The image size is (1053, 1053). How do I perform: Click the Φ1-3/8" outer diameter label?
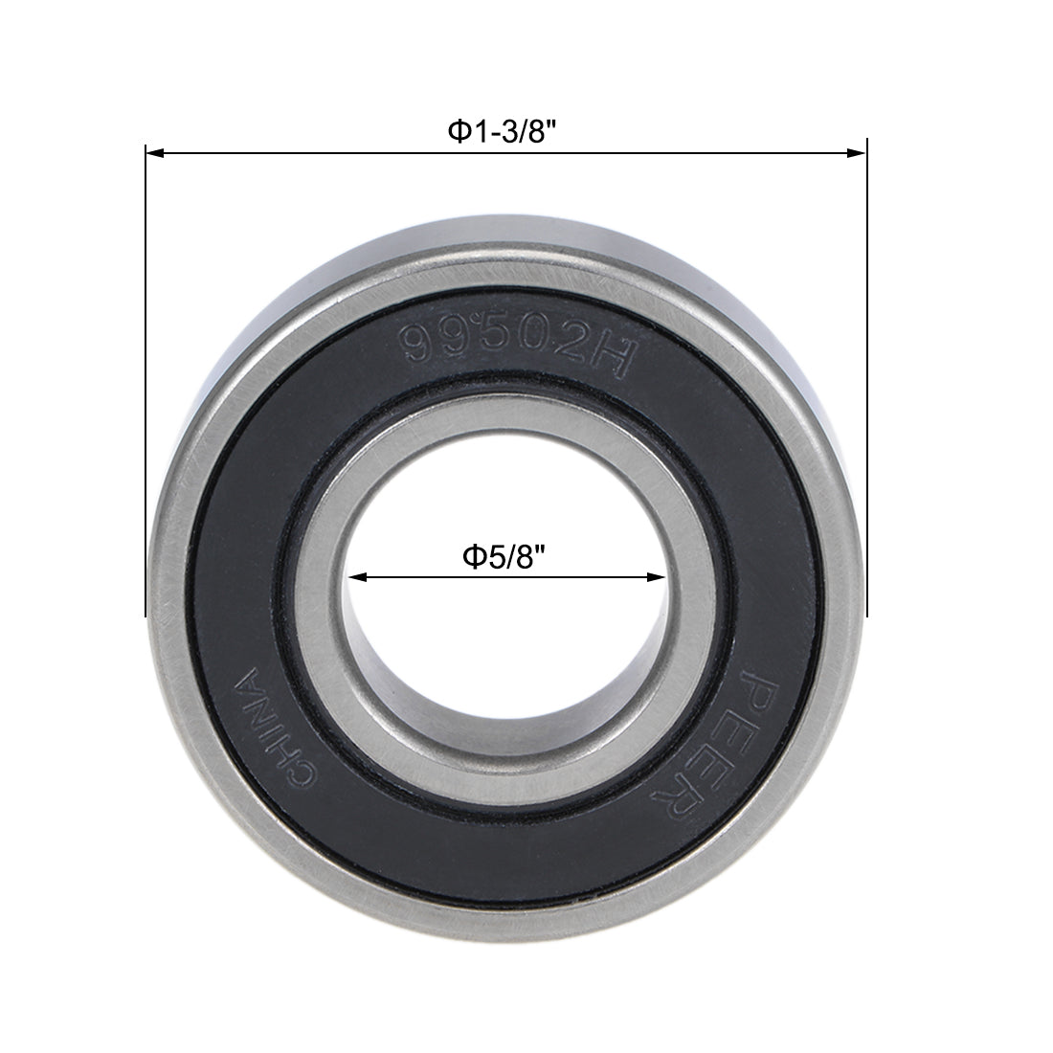pos(504,130)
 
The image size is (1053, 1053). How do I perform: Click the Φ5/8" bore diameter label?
pos(504,555)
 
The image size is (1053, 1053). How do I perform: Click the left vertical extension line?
pos(146,383)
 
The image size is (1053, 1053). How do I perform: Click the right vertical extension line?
pos(866,383)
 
